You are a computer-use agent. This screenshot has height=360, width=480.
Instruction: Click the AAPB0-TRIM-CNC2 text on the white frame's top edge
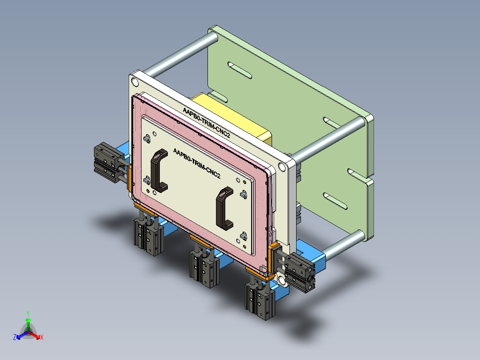pos(207,122)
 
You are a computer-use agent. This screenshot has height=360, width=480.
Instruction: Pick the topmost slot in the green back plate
pos(239,70)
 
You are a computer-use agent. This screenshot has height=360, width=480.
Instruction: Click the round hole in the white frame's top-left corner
pos(134,82)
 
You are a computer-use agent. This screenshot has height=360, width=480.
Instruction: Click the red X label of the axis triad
pos(42,337)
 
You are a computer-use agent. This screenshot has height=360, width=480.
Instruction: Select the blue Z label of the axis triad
pos(15,337)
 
